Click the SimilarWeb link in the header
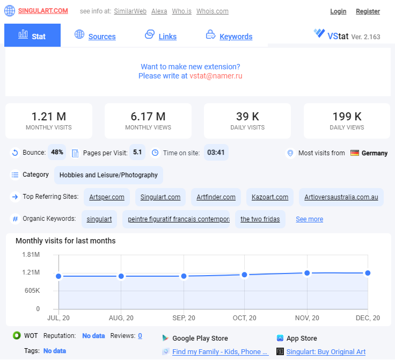click(130, 11)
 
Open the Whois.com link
click(213, 11)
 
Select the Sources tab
click(102, 37)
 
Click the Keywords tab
click(236, 37)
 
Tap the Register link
click(368, 11)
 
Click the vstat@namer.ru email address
click(216, 76)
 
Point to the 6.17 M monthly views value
click(148, 117)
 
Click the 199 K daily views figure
click(347, 117)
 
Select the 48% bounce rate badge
click(57, 152)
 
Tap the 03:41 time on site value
click(216, 153)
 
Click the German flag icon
click(355, 153)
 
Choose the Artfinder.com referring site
click(216, 197)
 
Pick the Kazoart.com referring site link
click(270, 197)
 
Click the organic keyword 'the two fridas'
click(260, 219)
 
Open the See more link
click(309, 219)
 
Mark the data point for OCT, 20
click(244, 275)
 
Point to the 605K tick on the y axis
click(32, 291)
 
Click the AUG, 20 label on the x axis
click(121, 318)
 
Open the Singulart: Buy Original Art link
click(326, 352)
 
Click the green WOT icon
click(17, 335)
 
